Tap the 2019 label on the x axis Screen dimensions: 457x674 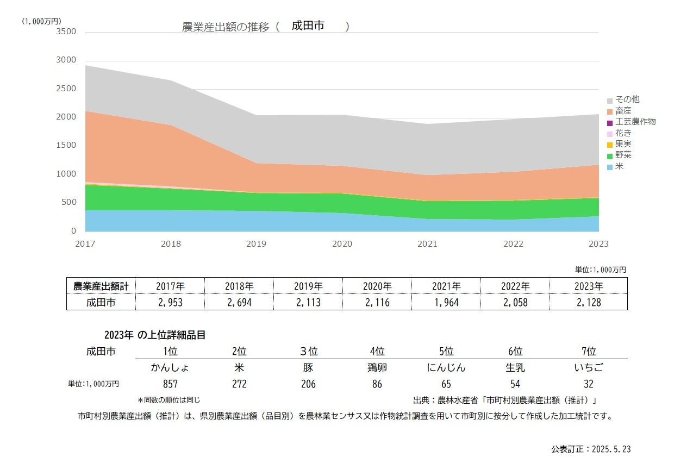pos(257,244)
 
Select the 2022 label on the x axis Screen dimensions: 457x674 pos(514,244)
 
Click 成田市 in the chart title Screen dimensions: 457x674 pos(308,26)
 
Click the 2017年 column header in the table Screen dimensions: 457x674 pos(170,286)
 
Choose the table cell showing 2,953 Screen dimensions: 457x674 pos(170,302)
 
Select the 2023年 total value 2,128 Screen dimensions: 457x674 pos(588,302)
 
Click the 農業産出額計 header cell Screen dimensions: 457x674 pos(101,286)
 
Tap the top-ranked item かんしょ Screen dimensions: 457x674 pos(170,367)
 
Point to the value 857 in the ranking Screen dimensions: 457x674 pos(170,384)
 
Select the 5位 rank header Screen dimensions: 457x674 pos(446,351)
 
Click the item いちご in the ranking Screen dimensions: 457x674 pos(588,367)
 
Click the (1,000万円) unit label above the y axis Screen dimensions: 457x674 pos(42,21)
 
